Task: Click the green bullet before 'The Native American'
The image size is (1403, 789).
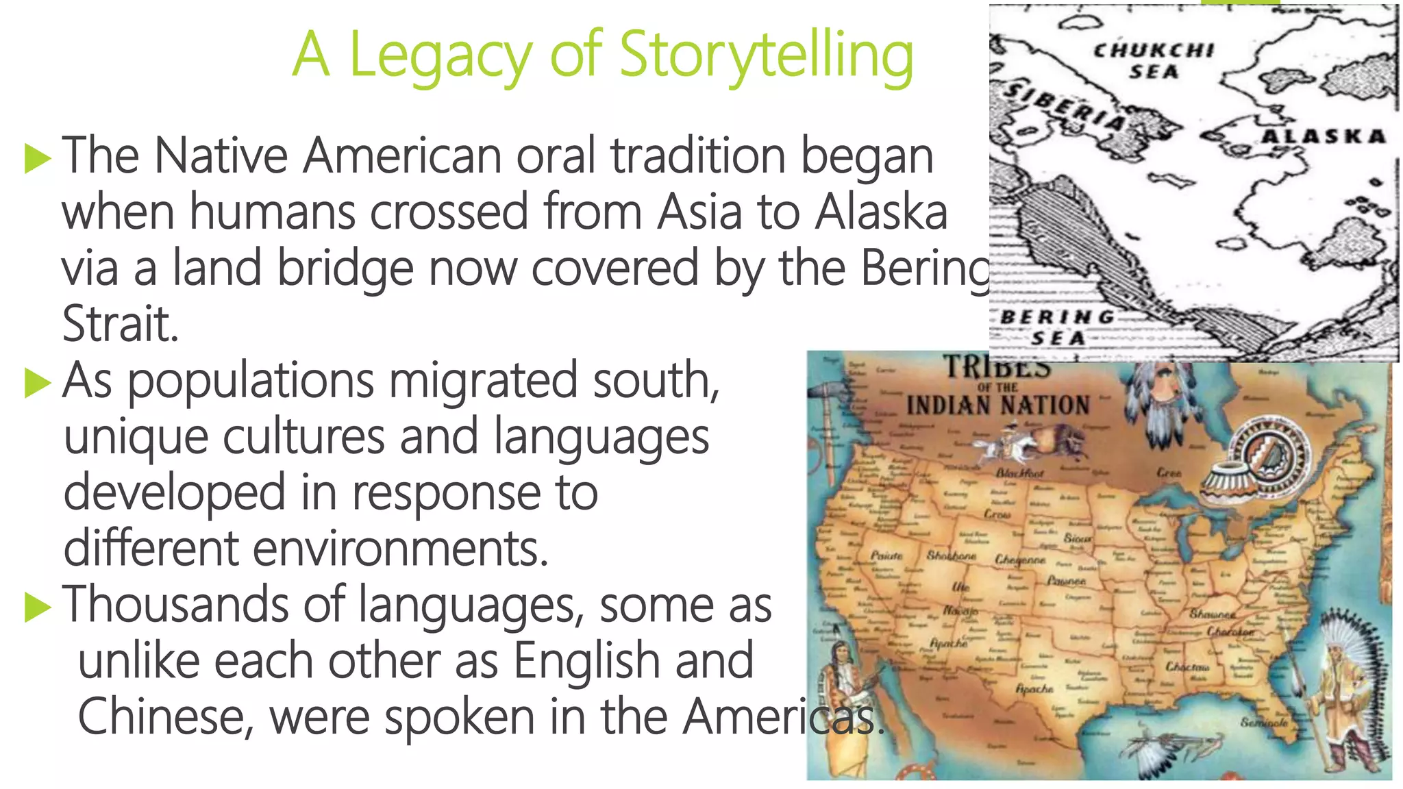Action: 38,159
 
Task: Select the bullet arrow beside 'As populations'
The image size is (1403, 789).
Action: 38,384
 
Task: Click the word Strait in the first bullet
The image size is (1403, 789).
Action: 120,324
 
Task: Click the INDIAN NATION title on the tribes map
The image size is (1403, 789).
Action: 997,405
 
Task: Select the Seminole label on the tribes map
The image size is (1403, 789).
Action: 1264,723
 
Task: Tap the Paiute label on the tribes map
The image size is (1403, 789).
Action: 886,555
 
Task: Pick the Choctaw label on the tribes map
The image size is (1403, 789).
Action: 1187,666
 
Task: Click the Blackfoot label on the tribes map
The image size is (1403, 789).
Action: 1019,473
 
